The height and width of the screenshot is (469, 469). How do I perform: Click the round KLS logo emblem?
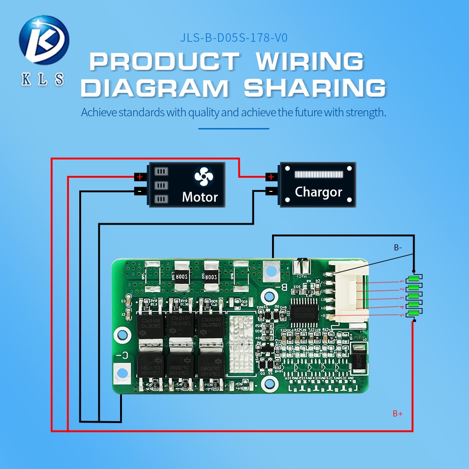(44, 41)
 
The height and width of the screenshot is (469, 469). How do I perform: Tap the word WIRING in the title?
(310, 61)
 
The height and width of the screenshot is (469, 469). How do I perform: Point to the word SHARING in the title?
(315, 88)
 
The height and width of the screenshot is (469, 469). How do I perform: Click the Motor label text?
(200, 197)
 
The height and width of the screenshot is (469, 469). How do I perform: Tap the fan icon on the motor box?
(204, 177)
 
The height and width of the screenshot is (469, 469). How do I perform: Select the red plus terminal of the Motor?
(139, 177)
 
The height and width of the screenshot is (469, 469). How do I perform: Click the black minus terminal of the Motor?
(139, 191)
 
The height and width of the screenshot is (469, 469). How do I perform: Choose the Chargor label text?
(318, 192)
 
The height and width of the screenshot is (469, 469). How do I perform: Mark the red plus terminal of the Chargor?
(270, 177)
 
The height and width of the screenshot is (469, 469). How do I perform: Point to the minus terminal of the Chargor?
(270, 191)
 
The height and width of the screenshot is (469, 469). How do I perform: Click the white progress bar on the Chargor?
(318, 174)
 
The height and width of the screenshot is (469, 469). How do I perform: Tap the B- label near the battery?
(398, 247)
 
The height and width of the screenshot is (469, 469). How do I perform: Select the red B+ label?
(398, 414)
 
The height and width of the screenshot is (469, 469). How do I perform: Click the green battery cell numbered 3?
(413, 296)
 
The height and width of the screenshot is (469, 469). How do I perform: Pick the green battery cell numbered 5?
(413, 313)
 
